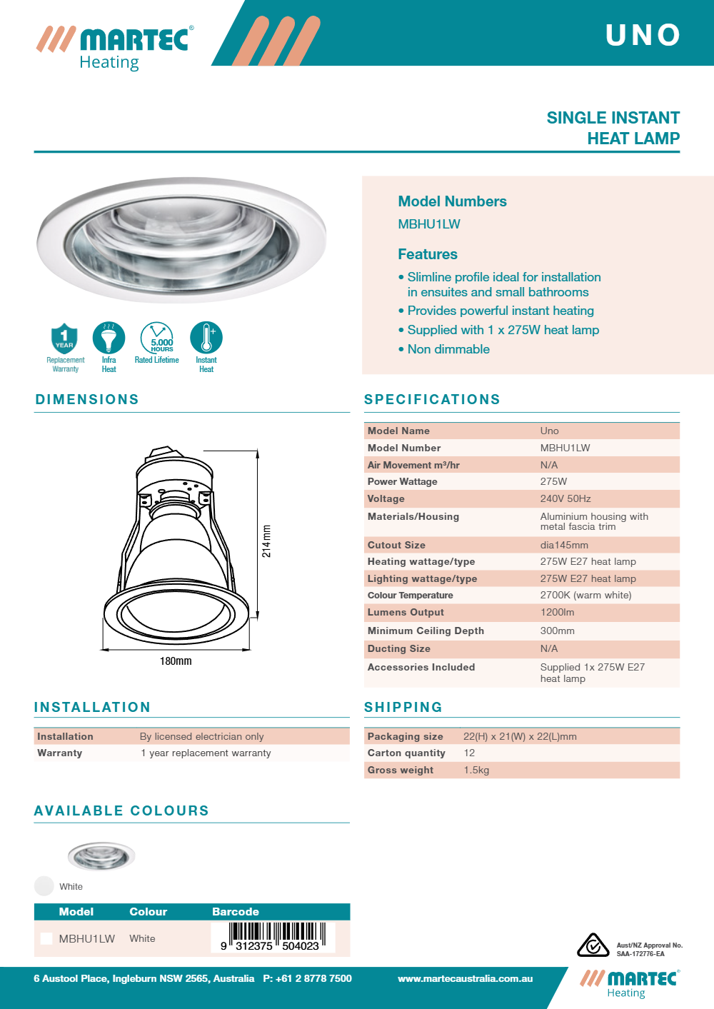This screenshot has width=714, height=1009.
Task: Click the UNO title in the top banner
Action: [x=643, y=35]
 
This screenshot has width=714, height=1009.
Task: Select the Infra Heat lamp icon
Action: [x=109, y=338]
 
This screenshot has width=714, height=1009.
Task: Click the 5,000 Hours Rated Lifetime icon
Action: [x=157, y=338]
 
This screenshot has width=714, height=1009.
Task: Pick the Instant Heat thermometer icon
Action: [x=206, y=338]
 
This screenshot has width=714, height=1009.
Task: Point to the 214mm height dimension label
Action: [x=266, y=541]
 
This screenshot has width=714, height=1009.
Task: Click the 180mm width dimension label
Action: [x=176, y=661]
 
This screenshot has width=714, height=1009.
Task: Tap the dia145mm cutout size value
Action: [x=564, y=545]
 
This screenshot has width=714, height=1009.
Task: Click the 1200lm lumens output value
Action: [x=557, y=612]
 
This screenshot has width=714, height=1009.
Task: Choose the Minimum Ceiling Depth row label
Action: [x=426, y=631]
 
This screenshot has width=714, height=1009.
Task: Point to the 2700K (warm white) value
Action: [x=585, y=595]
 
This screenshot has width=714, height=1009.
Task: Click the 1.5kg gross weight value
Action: [x=476, y=770]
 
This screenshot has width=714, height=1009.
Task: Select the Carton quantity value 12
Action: [x=469, y=753]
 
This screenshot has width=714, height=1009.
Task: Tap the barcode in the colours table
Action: [x=273, y=937]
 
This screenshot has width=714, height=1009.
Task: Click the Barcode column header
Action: [x=236, y=912]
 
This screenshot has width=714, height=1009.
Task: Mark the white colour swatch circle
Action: [x=44, y=886]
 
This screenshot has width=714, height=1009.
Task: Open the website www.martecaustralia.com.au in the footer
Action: [x=465, y=978]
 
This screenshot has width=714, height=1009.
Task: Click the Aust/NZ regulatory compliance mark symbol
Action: [x=593, y=945]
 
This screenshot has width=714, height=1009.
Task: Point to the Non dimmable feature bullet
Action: [x=448, y=349]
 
